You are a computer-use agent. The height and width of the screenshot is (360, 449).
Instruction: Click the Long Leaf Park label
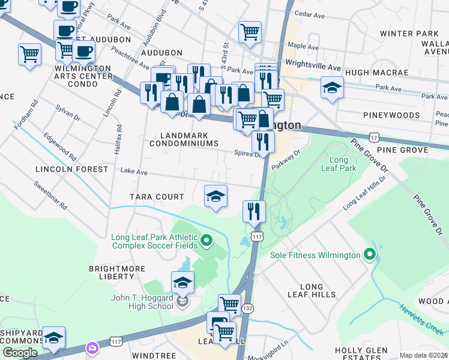[343, 164]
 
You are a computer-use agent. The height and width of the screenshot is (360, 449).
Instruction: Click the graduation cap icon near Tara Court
[216, 196]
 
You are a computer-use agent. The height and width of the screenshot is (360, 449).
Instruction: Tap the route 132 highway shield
[247, 308]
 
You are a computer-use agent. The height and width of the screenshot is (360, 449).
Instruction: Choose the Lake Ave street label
[134, 172]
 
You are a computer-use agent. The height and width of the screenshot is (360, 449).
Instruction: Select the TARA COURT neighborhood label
[157, 197]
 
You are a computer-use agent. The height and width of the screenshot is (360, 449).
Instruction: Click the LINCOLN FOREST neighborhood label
[71, 169]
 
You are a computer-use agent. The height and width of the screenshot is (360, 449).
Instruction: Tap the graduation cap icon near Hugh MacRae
[332, 88]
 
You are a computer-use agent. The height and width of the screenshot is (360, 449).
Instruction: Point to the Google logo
[20, 353]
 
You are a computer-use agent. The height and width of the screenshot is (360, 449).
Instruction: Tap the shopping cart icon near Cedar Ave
[250, 32]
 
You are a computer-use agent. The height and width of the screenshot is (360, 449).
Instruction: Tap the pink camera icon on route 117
[92, 347]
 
